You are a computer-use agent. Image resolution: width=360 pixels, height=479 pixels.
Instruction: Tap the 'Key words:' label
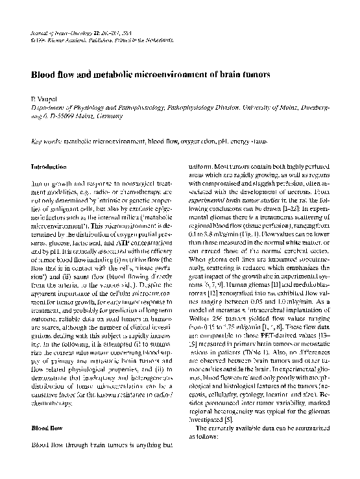(47, 140)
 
